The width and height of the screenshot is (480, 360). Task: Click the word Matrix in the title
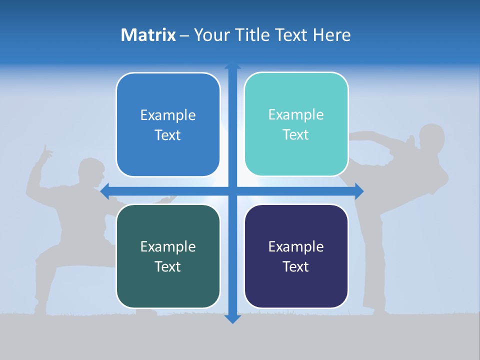pos(148,35)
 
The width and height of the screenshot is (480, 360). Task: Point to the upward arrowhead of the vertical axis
pos(232,65)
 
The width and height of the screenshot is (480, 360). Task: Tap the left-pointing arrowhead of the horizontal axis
pos(104,191)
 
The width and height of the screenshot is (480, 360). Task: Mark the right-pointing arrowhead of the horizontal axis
pos(359,191)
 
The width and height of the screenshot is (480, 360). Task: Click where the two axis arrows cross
pos(232,191)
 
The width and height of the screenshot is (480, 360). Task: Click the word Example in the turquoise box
pos(296,115)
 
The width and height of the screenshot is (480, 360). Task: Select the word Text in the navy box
pos(296,266)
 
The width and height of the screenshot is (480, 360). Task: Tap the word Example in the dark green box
pos(168,246)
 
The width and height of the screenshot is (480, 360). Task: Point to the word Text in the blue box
pos(168,135)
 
